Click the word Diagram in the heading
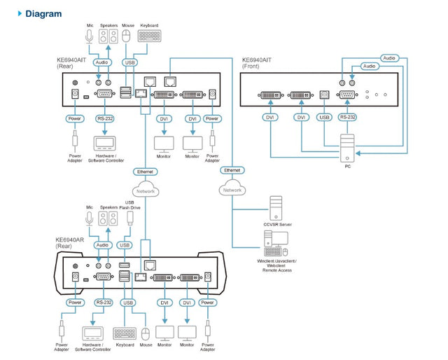click(x=43, y=13)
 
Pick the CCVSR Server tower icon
click(x=276, y=208)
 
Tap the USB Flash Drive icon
click(x=129, y=219)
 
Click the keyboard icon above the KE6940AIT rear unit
click(x=148, y=36)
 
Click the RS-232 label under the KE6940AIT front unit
click(x=347, y=118)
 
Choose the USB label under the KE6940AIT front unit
click(x=323, y=118)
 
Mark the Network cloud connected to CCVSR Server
click(x=232, y=190)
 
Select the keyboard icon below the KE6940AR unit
click(x=125, y=333)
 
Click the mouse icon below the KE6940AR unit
click(x=146, y=333)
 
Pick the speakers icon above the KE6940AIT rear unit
click(x=108, y=36)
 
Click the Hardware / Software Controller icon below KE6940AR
click(x=92, y=333)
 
